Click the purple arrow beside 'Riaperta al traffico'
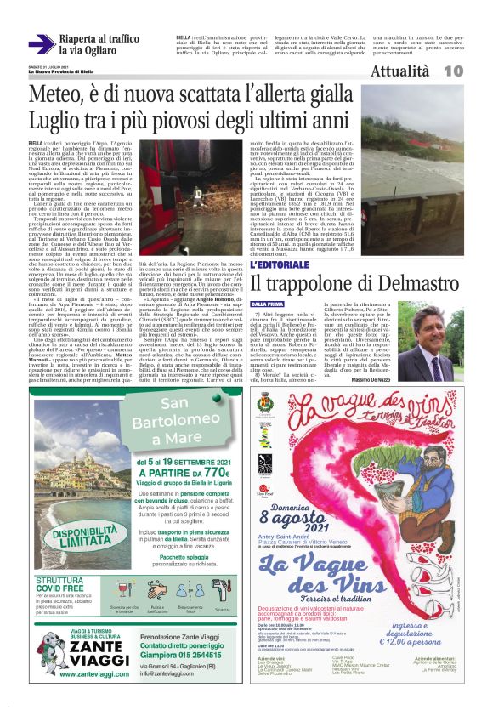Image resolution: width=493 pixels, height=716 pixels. pos(41,44)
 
